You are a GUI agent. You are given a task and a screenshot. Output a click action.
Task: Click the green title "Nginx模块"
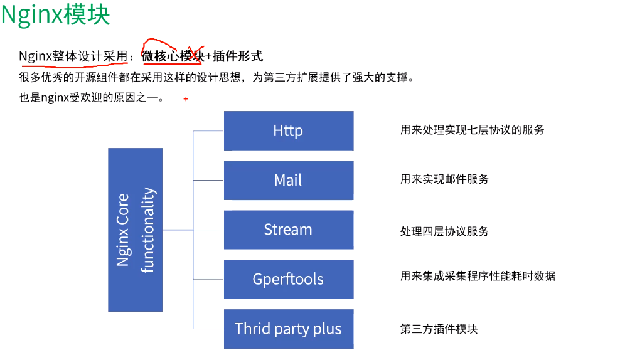tap(55, 15)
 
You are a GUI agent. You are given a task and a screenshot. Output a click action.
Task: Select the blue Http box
tap(289, 130)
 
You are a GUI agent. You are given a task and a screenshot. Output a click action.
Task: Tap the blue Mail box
tap(289, 180)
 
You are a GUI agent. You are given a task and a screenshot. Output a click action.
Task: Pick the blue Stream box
tap(289, 230)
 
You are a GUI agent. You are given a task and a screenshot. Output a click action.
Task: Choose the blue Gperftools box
tap(289, 279)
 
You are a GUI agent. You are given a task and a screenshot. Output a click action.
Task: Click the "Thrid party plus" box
tap(289, 329)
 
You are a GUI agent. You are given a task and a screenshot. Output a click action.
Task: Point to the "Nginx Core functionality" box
tap(135, 230)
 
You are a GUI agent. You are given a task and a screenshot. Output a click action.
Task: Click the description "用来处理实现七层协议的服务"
tap(472, 130)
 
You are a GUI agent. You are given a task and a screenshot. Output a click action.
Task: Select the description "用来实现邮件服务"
tap(444, 179)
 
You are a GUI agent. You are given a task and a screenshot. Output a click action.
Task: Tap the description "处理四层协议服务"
tap(444, 231)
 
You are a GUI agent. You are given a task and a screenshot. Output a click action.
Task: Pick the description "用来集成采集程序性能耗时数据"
tap(478, 276)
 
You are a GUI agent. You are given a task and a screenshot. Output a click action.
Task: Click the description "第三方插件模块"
tap(439, 329)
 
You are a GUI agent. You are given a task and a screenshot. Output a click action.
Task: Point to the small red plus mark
tap(186, 98)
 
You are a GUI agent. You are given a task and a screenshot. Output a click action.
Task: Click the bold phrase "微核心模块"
tap(174, 56)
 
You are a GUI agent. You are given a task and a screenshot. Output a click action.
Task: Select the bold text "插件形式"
tap(238, 56)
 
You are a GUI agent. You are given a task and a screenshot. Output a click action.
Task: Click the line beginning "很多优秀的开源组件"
tap(216, 78)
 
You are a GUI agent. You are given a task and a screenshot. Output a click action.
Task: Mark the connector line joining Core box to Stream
tap(193, 230)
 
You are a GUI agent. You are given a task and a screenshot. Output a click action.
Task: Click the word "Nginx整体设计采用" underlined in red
tap(73, 56)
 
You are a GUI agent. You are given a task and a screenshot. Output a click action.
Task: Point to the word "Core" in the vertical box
tap(123, 212)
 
